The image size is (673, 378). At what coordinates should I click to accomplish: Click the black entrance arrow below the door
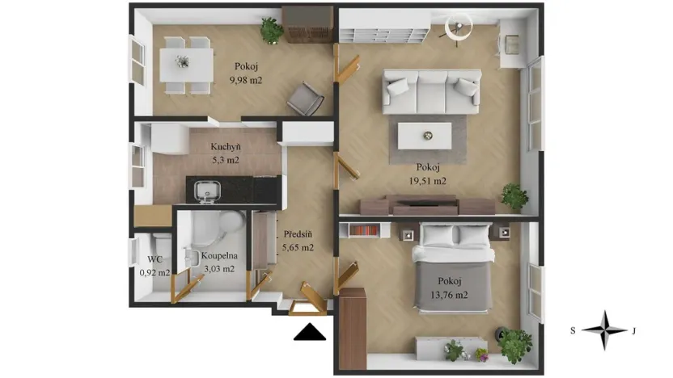310,332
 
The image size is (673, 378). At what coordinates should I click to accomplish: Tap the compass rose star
604,330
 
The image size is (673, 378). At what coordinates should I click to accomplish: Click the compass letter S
573,330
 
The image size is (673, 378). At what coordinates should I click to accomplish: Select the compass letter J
633,330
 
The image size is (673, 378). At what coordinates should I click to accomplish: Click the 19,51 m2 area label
427,181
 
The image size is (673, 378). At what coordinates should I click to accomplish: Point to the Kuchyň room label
226,146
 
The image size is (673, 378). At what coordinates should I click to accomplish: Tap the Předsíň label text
298,234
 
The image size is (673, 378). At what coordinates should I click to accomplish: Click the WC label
155,259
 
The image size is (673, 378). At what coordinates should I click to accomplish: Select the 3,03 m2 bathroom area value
219,269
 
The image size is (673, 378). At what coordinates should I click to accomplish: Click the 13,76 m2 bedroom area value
449,295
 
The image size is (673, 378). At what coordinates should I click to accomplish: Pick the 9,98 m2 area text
246,80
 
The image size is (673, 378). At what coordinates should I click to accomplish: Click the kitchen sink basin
207,191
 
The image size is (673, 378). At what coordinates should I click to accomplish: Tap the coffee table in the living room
425,136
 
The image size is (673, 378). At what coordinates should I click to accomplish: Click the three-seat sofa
431,92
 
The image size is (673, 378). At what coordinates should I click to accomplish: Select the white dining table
187,65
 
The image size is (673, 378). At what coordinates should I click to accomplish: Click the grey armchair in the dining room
306,99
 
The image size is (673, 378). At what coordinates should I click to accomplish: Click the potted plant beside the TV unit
514,196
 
